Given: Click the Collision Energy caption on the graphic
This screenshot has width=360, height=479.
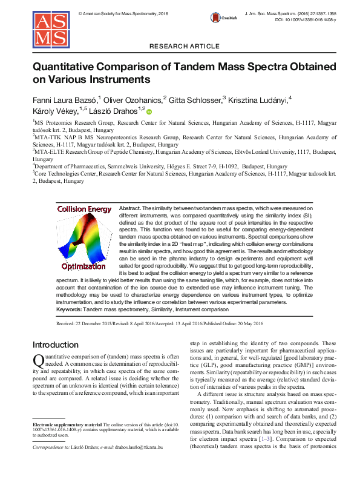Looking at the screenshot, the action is (84, 210).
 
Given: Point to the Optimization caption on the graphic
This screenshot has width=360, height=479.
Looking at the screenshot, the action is (83, 266).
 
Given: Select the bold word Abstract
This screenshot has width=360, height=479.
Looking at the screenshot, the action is (130, 208).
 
